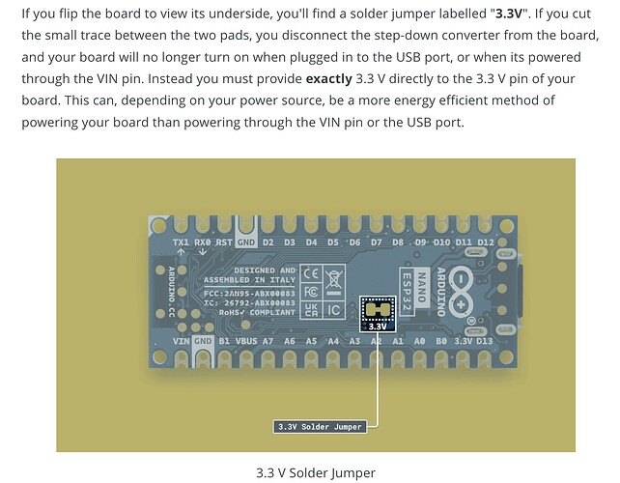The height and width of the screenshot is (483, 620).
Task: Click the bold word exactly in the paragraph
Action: [x=329, y=78]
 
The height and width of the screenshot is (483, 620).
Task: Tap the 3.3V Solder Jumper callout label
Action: [x=320, y=427]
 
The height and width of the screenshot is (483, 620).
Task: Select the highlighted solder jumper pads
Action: [x=378, y=309]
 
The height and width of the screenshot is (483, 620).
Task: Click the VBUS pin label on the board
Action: [x=246, y=341]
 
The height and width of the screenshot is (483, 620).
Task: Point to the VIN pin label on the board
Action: [x=182, y=341]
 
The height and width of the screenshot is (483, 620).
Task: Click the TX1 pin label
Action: [x=181, y=242]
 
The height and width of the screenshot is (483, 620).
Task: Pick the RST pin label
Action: [x=223, y=242]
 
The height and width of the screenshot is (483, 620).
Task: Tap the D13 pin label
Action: [x=485, y=341]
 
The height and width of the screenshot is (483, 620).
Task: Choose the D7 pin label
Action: [x=376, y=242]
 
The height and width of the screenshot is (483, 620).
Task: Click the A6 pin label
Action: [x=290, y=341]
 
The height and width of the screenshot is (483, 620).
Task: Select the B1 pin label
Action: [x=224, y=341]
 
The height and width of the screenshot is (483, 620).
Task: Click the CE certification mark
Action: [x=311, y=273]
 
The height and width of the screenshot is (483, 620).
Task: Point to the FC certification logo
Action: [x=311, y=293]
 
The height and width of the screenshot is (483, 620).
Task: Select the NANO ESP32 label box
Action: [x=413, y=291]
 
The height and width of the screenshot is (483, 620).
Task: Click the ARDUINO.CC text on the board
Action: [x=172, y=292]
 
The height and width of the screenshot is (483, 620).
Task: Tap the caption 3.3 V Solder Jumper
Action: [x=316, y=472]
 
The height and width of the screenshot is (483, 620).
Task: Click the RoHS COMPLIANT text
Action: [x=257, y=313]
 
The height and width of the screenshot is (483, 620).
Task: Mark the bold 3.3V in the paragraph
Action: [x=509, y=14]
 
